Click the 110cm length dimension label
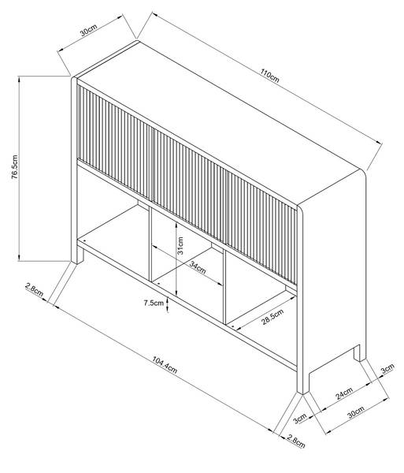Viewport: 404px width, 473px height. (270, 76)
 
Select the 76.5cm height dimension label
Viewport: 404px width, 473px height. (15, 167)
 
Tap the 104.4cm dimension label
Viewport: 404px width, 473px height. (165, 364)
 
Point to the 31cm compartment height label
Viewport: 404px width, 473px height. (180, 245)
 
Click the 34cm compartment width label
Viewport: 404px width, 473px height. (198, 267)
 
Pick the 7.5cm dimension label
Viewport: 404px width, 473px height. (154, 303)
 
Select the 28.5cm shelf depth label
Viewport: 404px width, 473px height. (272, 316)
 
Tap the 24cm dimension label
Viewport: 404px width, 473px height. (344, 393)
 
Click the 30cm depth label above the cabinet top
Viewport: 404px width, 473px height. (88, 30)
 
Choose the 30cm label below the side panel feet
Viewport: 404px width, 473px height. (356, 412)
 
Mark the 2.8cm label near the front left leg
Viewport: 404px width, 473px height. (35, 289)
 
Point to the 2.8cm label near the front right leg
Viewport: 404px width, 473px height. (296, 441)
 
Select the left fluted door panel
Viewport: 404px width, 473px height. (116, 141)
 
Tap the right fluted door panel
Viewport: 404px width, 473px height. (261, 228)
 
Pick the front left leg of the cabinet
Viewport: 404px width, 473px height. (77, 255)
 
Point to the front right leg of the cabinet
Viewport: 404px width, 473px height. (303, 382)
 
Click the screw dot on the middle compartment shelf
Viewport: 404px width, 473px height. (159, 284)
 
